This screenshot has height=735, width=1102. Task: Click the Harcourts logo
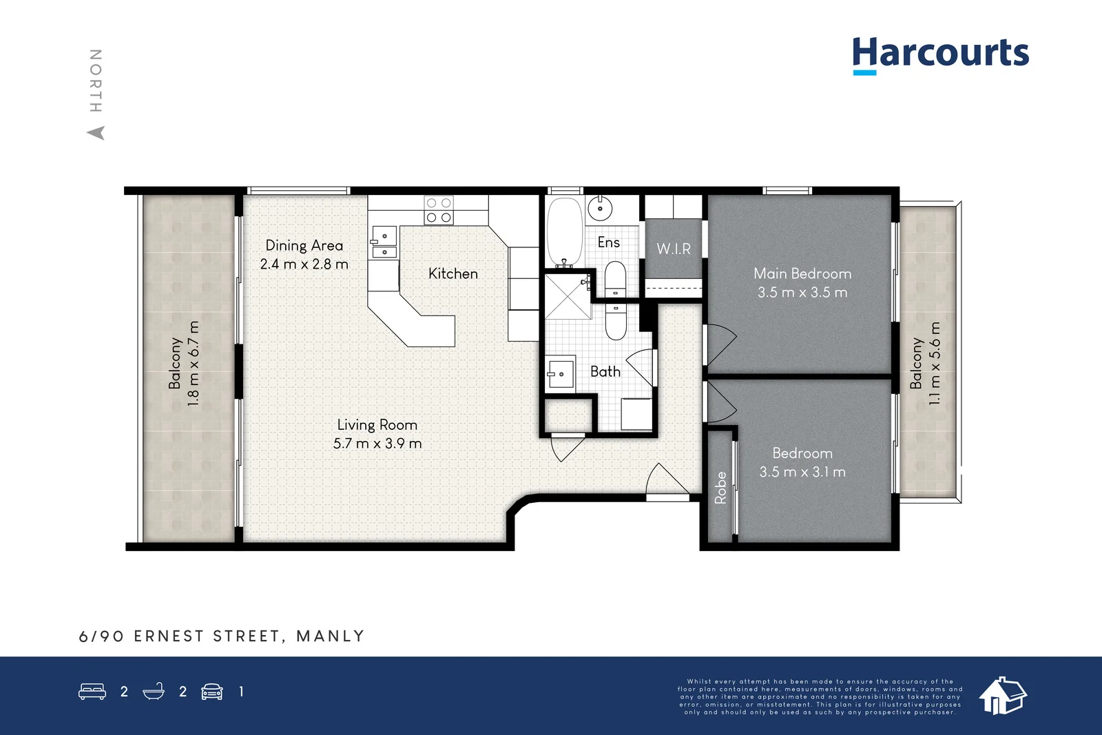coord(941,56)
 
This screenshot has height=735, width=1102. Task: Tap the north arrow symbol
coord(96,133)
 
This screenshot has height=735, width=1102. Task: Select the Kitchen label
coord(453,273)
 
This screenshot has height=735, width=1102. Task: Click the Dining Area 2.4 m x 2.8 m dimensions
coord(304,265)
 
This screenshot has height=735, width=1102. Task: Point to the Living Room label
coord(377,424)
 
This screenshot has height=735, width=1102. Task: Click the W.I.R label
coord(674,249)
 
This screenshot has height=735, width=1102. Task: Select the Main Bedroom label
coord(802,273)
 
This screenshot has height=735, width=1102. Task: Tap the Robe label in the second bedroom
coord(720,488)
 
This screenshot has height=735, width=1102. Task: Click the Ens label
coord(609,242)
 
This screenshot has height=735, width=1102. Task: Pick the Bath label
coord(605,371)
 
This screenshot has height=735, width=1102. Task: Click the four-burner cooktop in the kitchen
coord(439,210)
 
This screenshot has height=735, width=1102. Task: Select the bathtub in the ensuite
coord(565,231)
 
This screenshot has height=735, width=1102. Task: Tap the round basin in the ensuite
coord(600,209)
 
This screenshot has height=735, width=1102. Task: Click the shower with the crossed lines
coord(568,297)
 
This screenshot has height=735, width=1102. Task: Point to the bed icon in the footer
coord(92,691)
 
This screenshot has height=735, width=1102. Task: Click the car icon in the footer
coord(212,692)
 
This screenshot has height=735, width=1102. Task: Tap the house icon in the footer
coord(1003,696)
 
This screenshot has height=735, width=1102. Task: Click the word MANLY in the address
coord(330,636)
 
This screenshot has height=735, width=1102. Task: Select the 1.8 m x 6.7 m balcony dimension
coord(194,364)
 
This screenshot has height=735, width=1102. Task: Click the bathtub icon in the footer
coord(154,691)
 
